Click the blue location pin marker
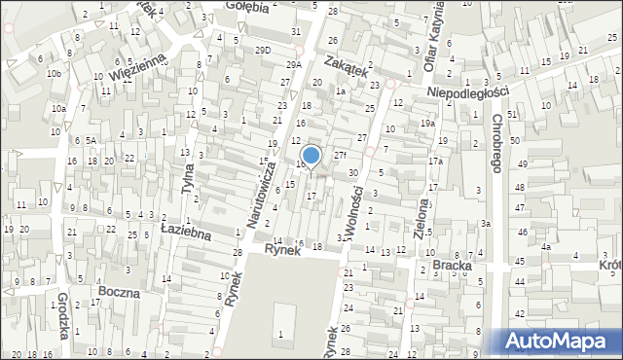click(x=311, y=156)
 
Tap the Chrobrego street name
click(x=497, y=143)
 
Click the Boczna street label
click(x=119, y=291)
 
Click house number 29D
click(x=262, y=50)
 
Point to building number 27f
click(x=339, y=156)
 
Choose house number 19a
click(x=426, y=124)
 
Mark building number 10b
click(x=55, y=74)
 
